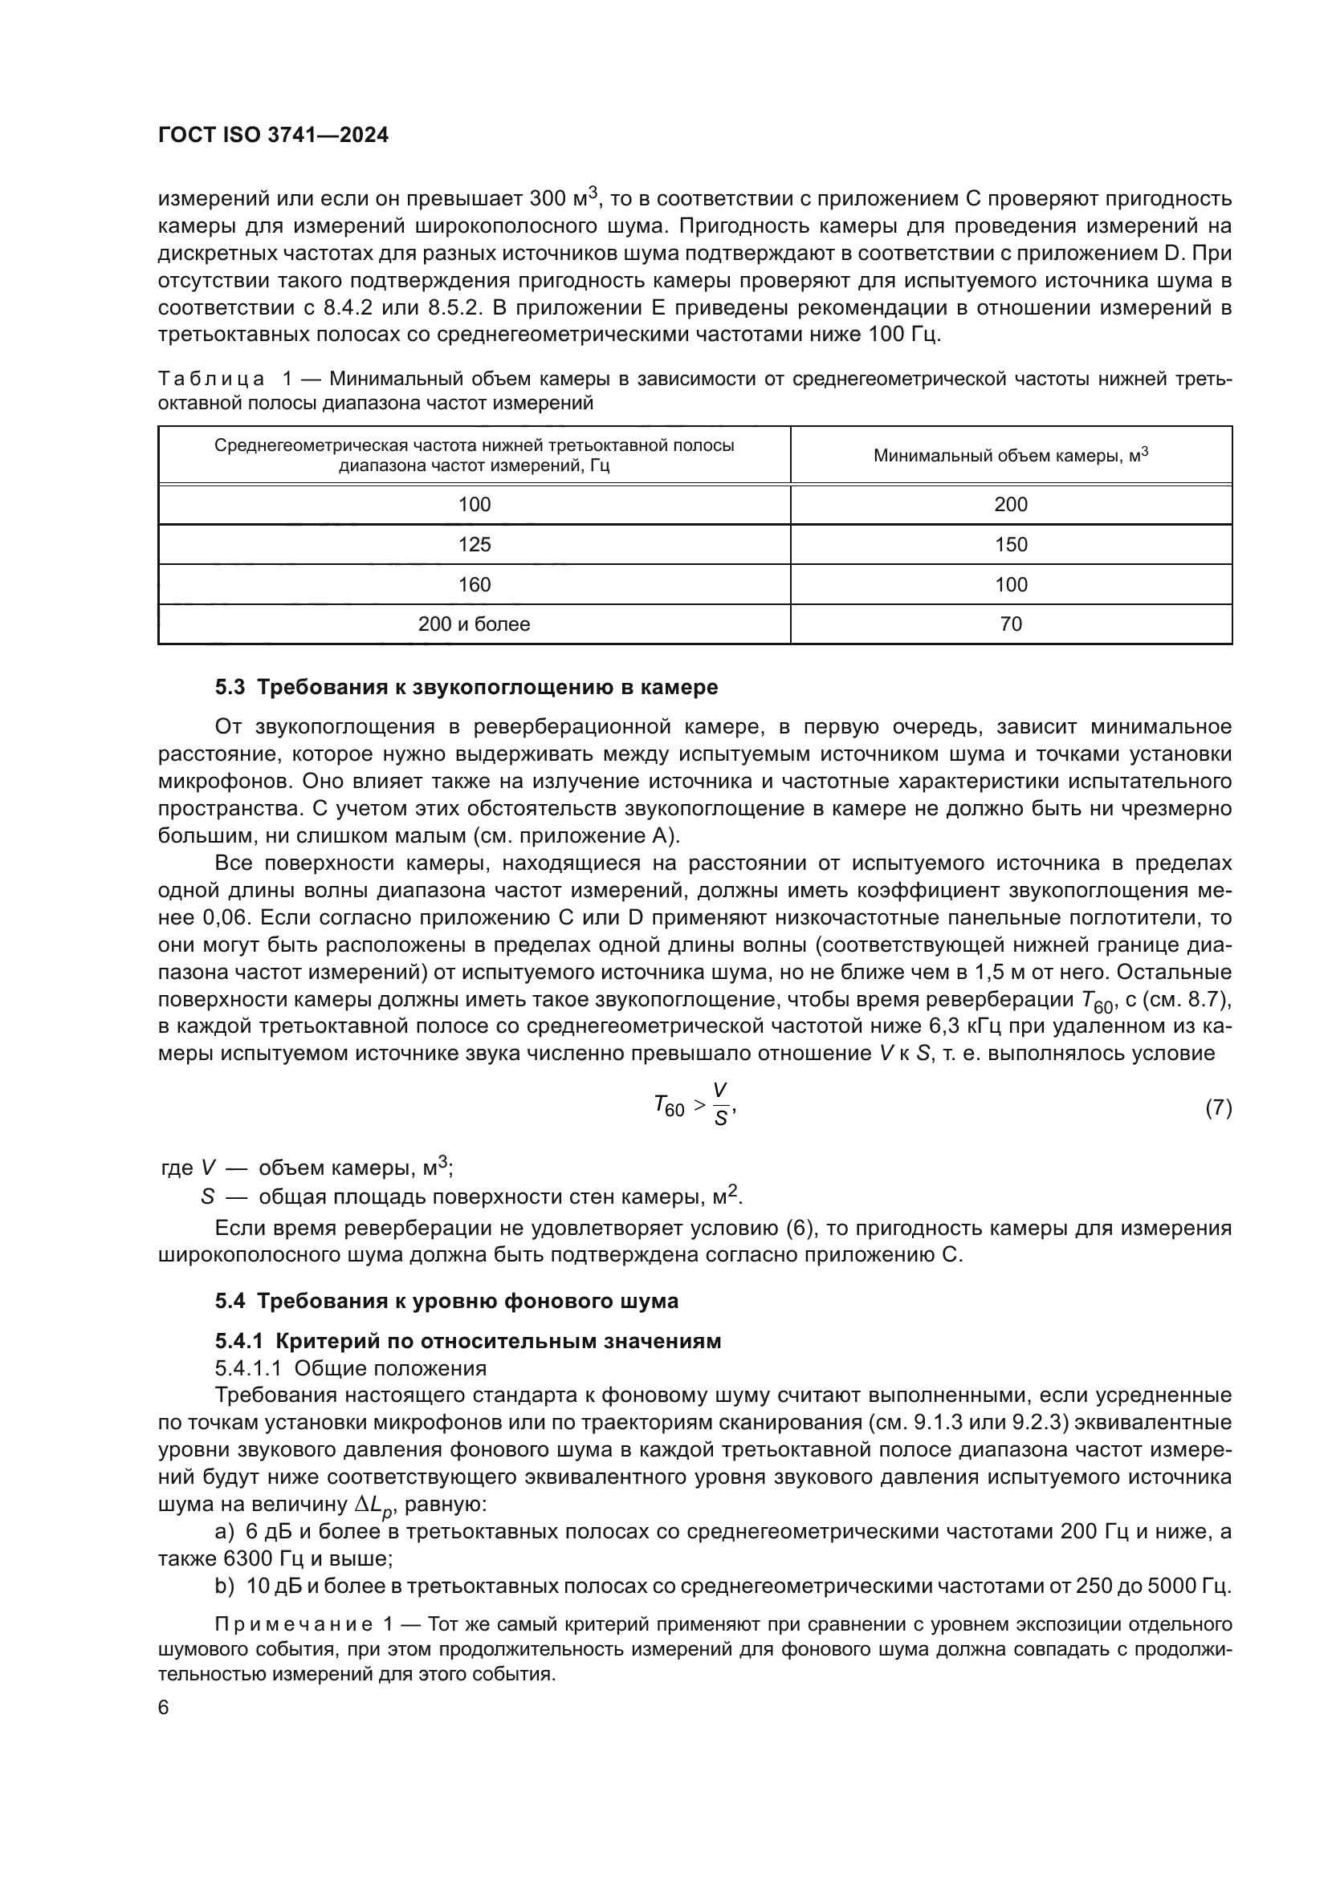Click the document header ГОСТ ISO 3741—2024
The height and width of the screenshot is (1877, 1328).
coord(273,136)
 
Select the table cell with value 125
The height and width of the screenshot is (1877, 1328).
coord(475,544)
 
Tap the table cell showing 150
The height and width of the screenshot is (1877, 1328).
coord(1011,544)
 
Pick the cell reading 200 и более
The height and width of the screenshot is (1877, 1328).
coord(475,624)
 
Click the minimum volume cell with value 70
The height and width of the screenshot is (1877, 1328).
coord(1011,624)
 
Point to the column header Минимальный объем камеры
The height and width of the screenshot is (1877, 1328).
coord(1011,455)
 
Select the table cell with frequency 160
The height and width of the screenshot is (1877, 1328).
coord(475,584)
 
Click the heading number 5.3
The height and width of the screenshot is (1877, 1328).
coord(230,688)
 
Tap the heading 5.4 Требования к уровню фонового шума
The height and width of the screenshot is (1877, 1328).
coord(446,1301)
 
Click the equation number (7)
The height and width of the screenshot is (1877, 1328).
coord(1218,1107)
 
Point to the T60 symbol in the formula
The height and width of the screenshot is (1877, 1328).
coord(669,1107)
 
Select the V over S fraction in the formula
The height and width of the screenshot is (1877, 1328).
coord(719,1105)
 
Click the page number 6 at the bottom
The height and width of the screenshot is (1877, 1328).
coord(164,1708)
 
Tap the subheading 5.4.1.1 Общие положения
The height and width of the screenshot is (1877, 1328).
coord(351,1368)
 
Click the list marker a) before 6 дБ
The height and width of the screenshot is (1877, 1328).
coord(224,1531)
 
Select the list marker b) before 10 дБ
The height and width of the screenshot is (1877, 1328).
coord(224,1586)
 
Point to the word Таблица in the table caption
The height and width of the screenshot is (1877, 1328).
coord(211,380)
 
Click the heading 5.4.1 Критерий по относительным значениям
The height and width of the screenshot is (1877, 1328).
coord(468,1342)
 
